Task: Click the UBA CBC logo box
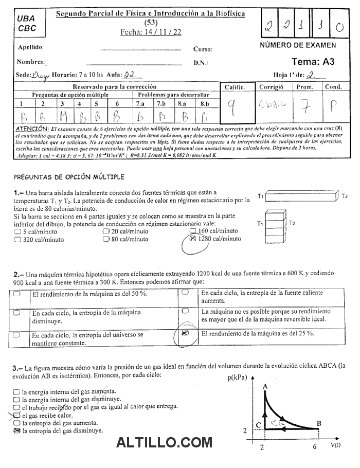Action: click(x=27, y=24)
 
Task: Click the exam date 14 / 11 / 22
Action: click(x=151, y=32)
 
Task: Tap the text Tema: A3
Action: click(x=313, y=62)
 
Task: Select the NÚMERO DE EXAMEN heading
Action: click(x=298, y=45)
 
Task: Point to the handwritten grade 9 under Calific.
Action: click(x=232, y=107)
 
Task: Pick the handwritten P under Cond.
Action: click(x=333, y=107)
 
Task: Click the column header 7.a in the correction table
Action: click(x=140, y=103)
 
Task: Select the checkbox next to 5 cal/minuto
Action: click(x=18, y=232)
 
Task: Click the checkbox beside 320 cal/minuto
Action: click(x=18, y=239)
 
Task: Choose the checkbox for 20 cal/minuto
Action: click(x=106, y=232)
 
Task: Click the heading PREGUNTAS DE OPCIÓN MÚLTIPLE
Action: click(x=69, y=177)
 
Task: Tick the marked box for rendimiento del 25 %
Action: click(x=186, y=333)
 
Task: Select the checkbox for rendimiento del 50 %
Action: click(x=17, y=294)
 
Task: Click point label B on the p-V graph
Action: click(x=319, y=423)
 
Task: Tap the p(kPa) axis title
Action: click(x=237, y=379)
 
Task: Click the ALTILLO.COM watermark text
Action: click(x=164, y=442)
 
